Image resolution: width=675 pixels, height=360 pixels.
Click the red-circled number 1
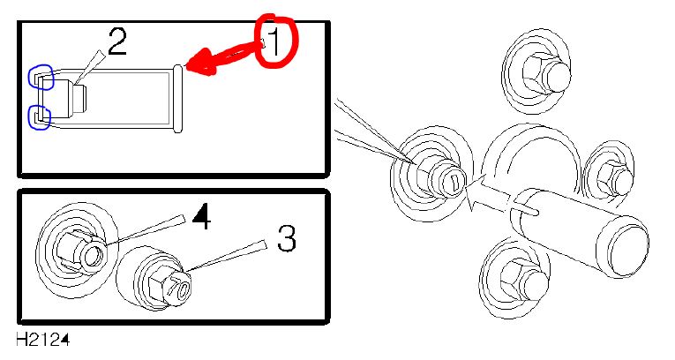coord(274,42)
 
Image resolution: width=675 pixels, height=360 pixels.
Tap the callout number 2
coord(117,41)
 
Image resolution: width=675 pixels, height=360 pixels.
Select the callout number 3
coord(287,238)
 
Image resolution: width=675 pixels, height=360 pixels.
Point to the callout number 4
coord(201,216)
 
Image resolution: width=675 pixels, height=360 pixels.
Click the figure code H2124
coord(42,340)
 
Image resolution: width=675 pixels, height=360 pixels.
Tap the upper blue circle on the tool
coord(41,77)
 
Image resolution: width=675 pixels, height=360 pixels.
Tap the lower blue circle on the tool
coord(40,117)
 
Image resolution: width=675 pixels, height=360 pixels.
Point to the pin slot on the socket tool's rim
coord(527,210)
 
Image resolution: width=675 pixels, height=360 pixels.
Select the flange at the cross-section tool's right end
coord(177,99)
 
